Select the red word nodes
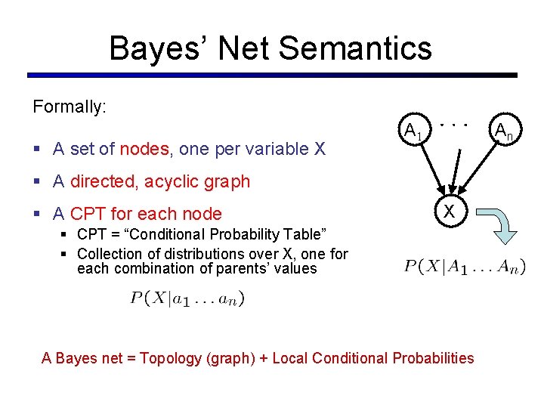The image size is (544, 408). click(x=144, y=149)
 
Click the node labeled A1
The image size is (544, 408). click(x=412, y=131)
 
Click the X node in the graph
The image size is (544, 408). click(x=449, y=212)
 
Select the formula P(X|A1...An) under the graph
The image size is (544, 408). click(x=465, y=266)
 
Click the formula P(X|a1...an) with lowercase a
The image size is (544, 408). click(x=187, y=298)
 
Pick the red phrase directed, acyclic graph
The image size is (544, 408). click(x=159, y=181)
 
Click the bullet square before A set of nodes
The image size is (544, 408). click(x=37, y=150)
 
